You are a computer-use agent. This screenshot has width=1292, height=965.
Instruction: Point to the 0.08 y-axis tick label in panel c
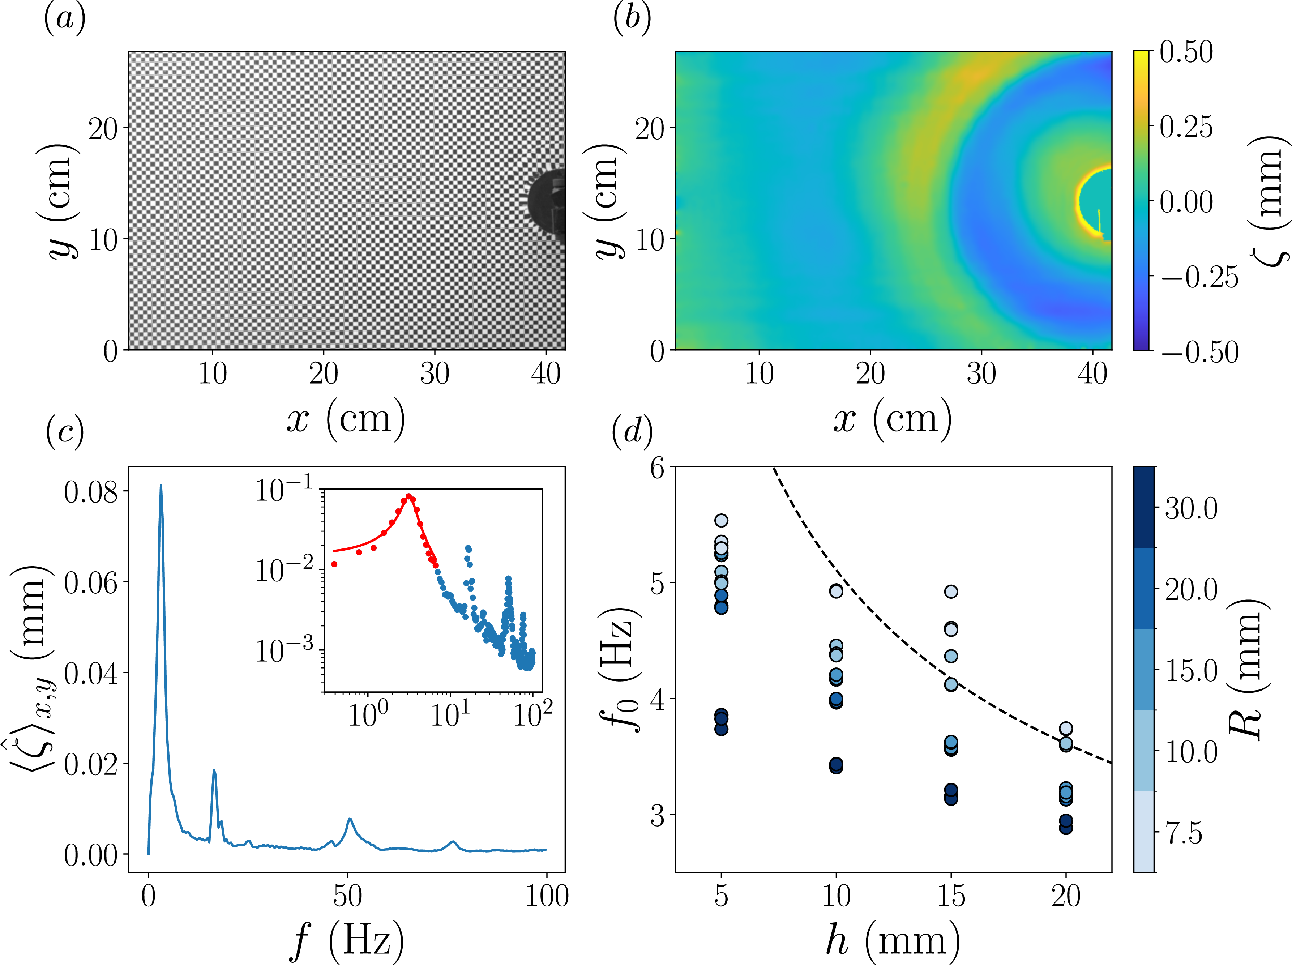click(x=90, y=492)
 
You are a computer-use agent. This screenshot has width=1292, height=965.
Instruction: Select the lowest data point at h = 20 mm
click(x=1066, y=827)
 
